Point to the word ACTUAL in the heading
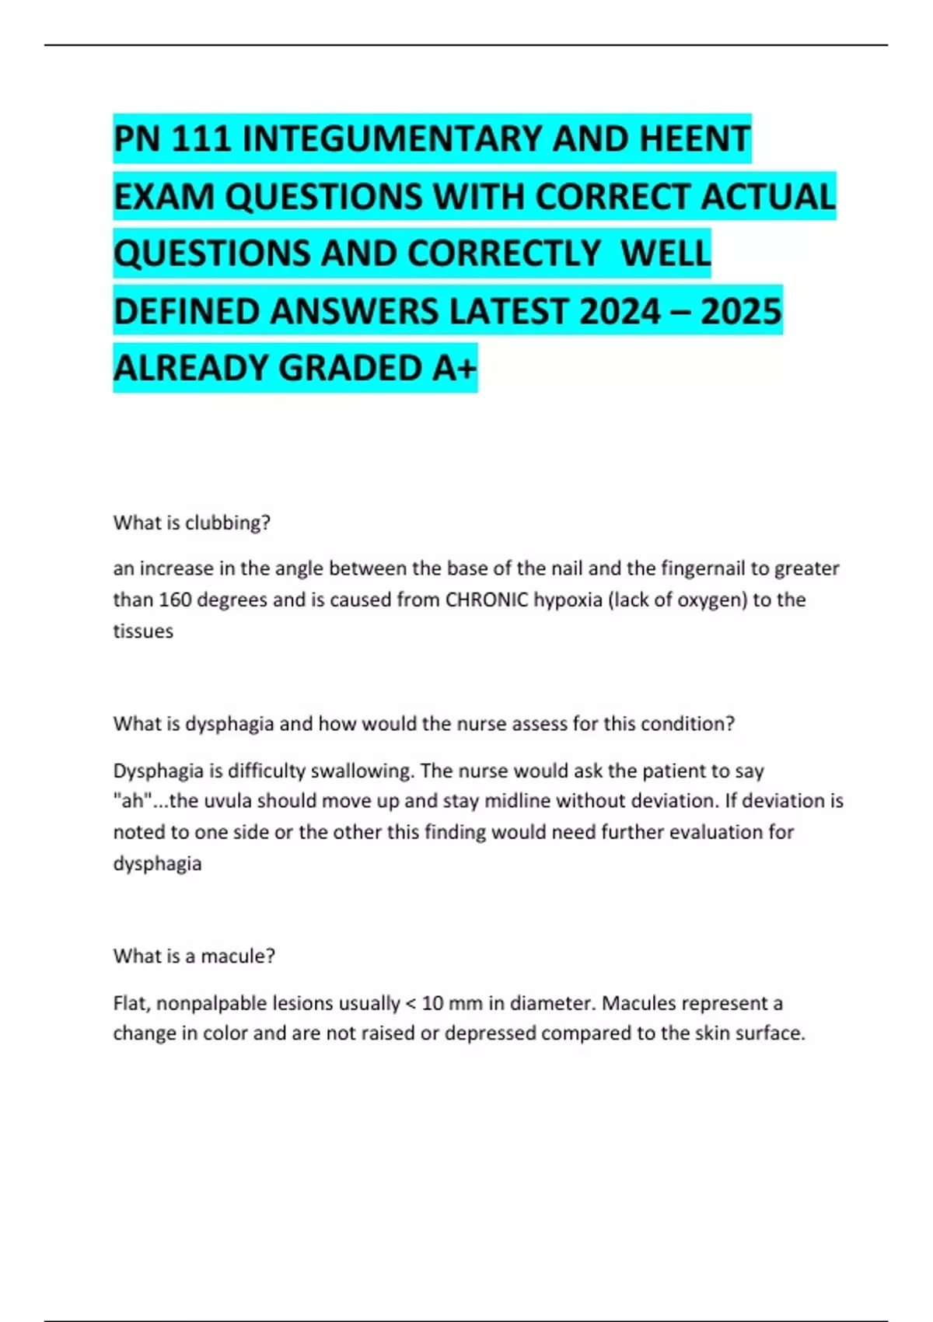[767, 197]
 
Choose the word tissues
[143, 631]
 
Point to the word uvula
[226, 801]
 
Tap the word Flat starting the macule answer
[131, 1003]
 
